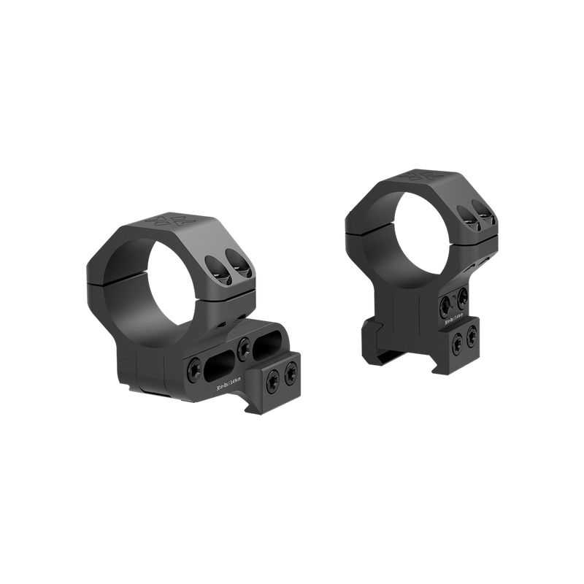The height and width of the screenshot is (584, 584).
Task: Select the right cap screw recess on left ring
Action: (236, 258)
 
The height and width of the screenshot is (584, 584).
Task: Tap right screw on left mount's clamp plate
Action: (293, 374)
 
